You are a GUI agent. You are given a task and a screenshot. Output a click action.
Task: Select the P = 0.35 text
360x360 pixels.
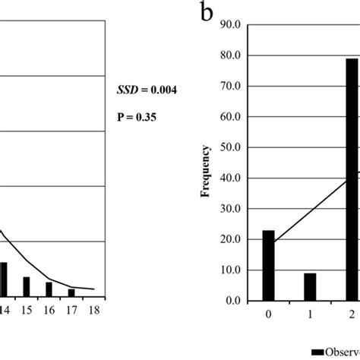(x=137, y=118)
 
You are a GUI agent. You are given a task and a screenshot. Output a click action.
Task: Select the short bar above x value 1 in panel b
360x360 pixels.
(x=310, y=287)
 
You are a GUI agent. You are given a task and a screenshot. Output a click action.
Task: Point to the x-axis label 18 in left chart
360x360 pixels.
(x=95, y=310)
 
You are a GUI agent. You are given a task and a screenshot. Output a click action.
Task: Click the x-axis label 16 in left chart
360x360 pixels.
(x=49, y=310)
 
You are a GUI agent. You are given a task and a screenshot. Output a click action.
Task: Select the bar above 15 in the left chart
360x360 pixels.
(x=26, y=286)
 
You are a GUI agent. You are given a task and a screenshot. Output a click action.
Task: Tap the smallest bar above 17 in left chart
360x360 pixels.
(x=71, y=292)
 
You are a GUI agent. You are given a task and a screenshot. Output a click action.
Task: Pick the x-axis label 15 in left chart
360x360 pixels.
(x=26, y=310)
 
